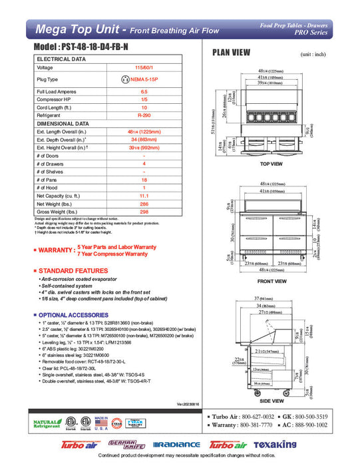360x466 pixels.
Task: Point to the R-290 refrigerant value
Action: pos(144,115)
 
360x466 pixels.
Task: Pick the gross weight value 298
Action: pos(144,214)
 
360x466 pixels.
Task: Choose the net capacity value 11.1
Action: pos(144,197)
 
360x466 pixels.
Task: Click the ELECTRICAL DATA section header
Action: pos(61,59)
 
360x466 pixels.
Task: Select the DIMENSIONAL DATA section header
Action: pos(63,124)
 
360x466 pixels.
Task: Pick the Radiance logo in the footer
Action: pos(176,444)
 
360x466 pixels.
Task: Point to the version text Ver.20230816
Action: pos(189,404)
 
